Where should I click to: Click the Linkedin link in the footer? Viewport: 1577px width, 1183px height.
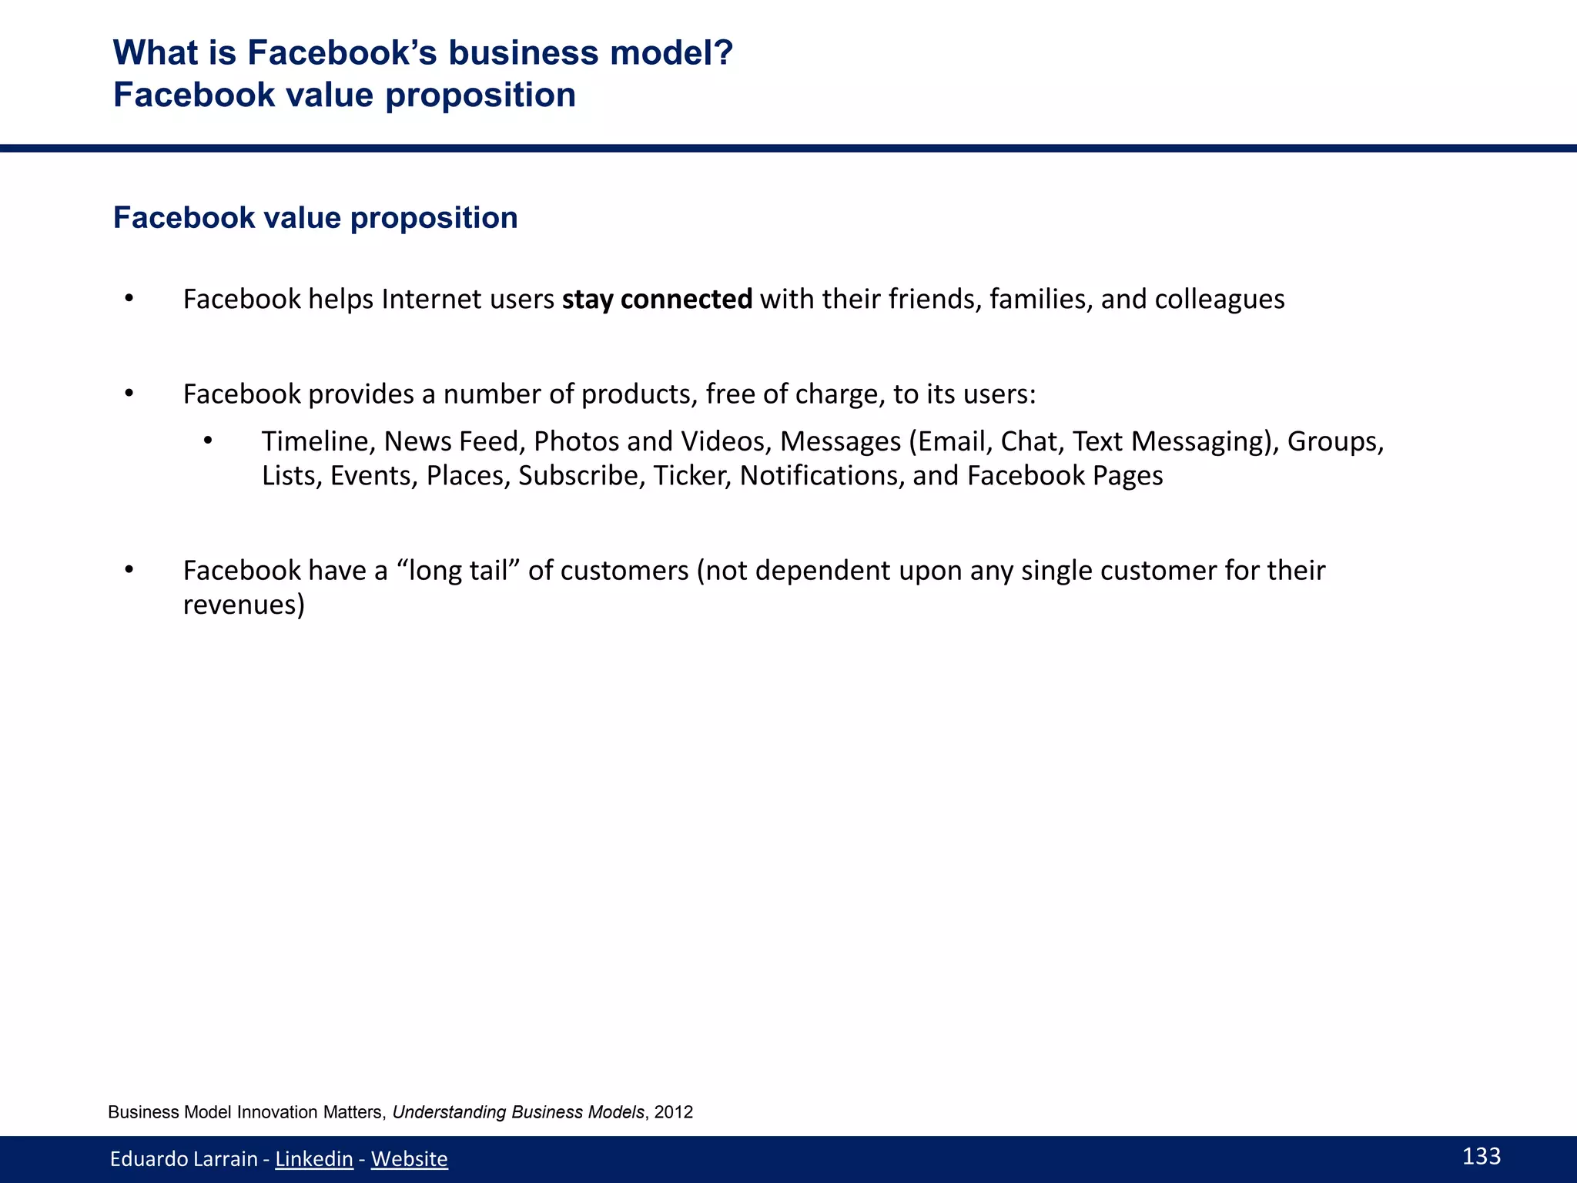(313, 1158)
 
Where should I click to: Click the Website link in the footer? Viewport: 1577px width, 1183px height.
(409, 1158)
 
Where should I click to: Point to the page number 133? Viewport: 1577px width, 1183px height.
(1481, 1156)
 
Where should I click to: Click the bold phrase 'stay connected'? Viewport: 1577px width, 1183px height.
(657, 299)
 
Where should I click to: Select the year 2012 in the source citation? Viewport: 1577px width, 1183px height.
(674, 1112)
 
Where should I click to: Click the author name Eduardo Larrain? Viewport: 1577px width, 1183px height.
(183, 1158)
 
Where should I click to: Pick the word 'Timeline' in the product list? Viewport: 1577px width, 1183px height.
(318, 441)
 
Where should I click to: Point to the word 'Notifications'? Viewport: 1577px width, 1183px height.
(822, 476)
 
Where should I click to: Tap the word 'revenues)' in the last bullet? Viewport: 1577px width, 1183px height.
(244, 605)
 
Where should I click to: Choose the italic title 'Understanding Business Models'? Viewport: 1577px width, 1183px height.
(518, 1112)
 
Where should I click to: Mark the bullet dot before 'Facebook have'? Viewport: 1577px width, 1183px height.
(129, 570)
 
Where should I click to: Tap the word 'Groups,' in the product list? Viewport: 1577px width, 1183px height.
(1335, 441)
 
